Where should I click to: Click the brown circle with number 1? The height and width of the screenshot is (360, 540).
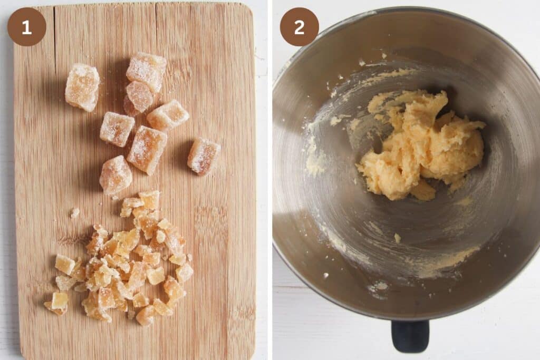(26, 27)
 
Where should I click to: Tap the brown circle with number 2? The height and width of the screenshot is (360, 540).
(299, 27)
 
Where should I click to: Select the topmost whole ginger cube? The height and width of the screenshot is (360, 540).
(147, 70)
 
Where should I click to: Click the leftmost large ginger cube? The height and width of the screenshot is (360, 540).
(82, 87)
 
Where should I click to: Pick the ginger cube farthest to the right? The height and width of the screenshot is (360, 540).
(204, 155)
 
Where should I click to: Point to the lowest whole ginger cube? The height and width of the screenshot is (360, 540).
(115, 175)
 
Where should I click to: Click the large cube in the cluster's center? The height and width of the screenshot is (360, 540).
(147, 149)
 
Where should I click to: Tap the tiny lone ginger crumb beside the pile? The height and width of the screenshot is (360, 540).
(75, 212)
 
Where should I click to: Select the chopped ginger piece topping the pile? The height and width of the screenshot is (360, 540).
(150, 199)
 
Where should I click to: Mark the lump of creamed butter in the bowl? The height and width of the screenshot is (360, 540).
(422, 145)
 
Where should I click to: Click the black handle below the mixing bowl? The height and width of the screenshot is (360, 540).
(410, 336)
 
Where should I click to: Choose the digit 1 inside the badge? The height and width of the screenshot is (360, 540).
(26, 27)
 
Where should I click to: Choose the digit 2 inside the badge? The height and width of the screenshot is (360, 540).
(299, 27)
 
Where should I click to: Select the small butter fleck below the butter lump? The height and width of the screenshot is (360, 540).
(397, 238)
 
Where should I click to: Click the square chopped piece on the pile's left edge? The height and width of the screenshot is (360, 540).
(65, 264)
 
